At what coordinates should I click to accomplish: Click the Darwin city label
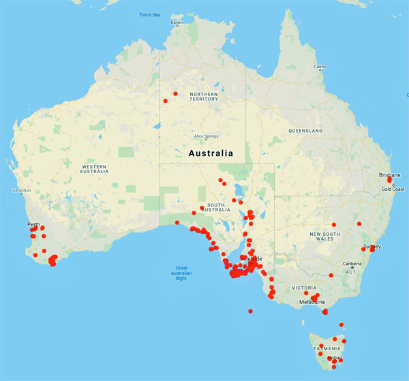coord(177,22)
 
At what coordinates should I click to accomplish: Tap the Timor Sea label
coord(149,14)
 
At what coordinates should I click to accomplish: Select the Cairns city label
coord(319,66)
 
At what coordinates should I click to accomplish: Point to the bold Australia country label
coord(211,153)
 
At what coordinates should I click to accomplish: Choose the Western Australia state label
coord(95,168)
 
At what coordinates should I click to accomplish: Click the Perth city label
coord(33,224)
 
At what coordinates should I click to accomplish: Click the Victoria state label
coord(305,288)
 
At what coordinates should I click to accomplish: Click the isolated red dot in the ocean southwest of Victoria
coord(250,311)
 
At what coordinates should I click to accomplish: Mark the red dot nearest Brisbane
coord(389,181)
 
